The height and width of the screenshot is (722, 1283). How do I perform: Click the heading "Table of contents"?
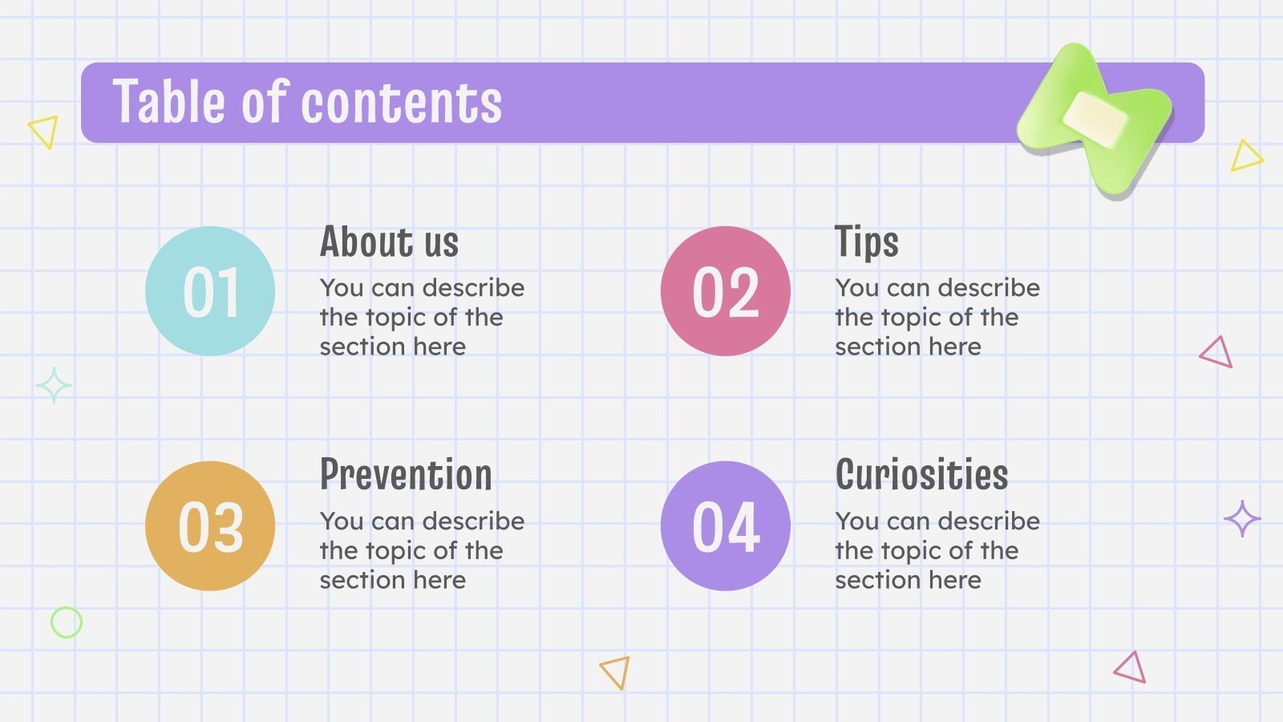point(307,103)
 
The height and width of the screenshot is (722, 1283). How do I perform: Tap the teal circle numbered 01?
point(210,291)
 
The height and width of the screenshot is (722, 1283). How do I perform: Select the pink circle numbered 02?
point(726,291)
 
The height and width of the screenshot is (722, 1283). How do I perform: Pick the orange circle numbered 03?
point(210,526)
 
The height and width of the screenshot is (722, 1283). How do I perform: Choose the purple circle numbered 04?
point(726,526)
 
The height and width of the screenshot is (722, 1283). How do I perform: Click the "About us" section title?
point(389,241)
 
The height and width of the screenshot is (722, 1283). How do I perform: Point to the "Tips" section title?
point(866,241)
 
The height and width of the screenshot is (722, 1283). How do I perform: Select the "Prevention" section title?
point(406,475)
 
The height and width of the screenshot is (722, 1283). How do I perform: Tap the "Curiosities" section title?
point(921,475)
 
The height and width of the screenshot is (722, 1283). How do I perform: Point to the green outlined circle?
point(67,623)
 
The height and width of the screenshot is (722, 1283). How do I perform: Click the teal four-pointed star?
point(54,386)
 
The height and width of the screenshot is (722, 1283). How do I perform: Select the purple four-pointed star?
point(1242,519)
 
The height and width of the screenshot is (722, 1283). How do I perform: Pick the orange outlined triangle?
point(616,671)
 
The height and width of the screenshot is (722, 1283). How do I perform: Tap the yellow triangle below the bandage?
point(1245,156)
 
